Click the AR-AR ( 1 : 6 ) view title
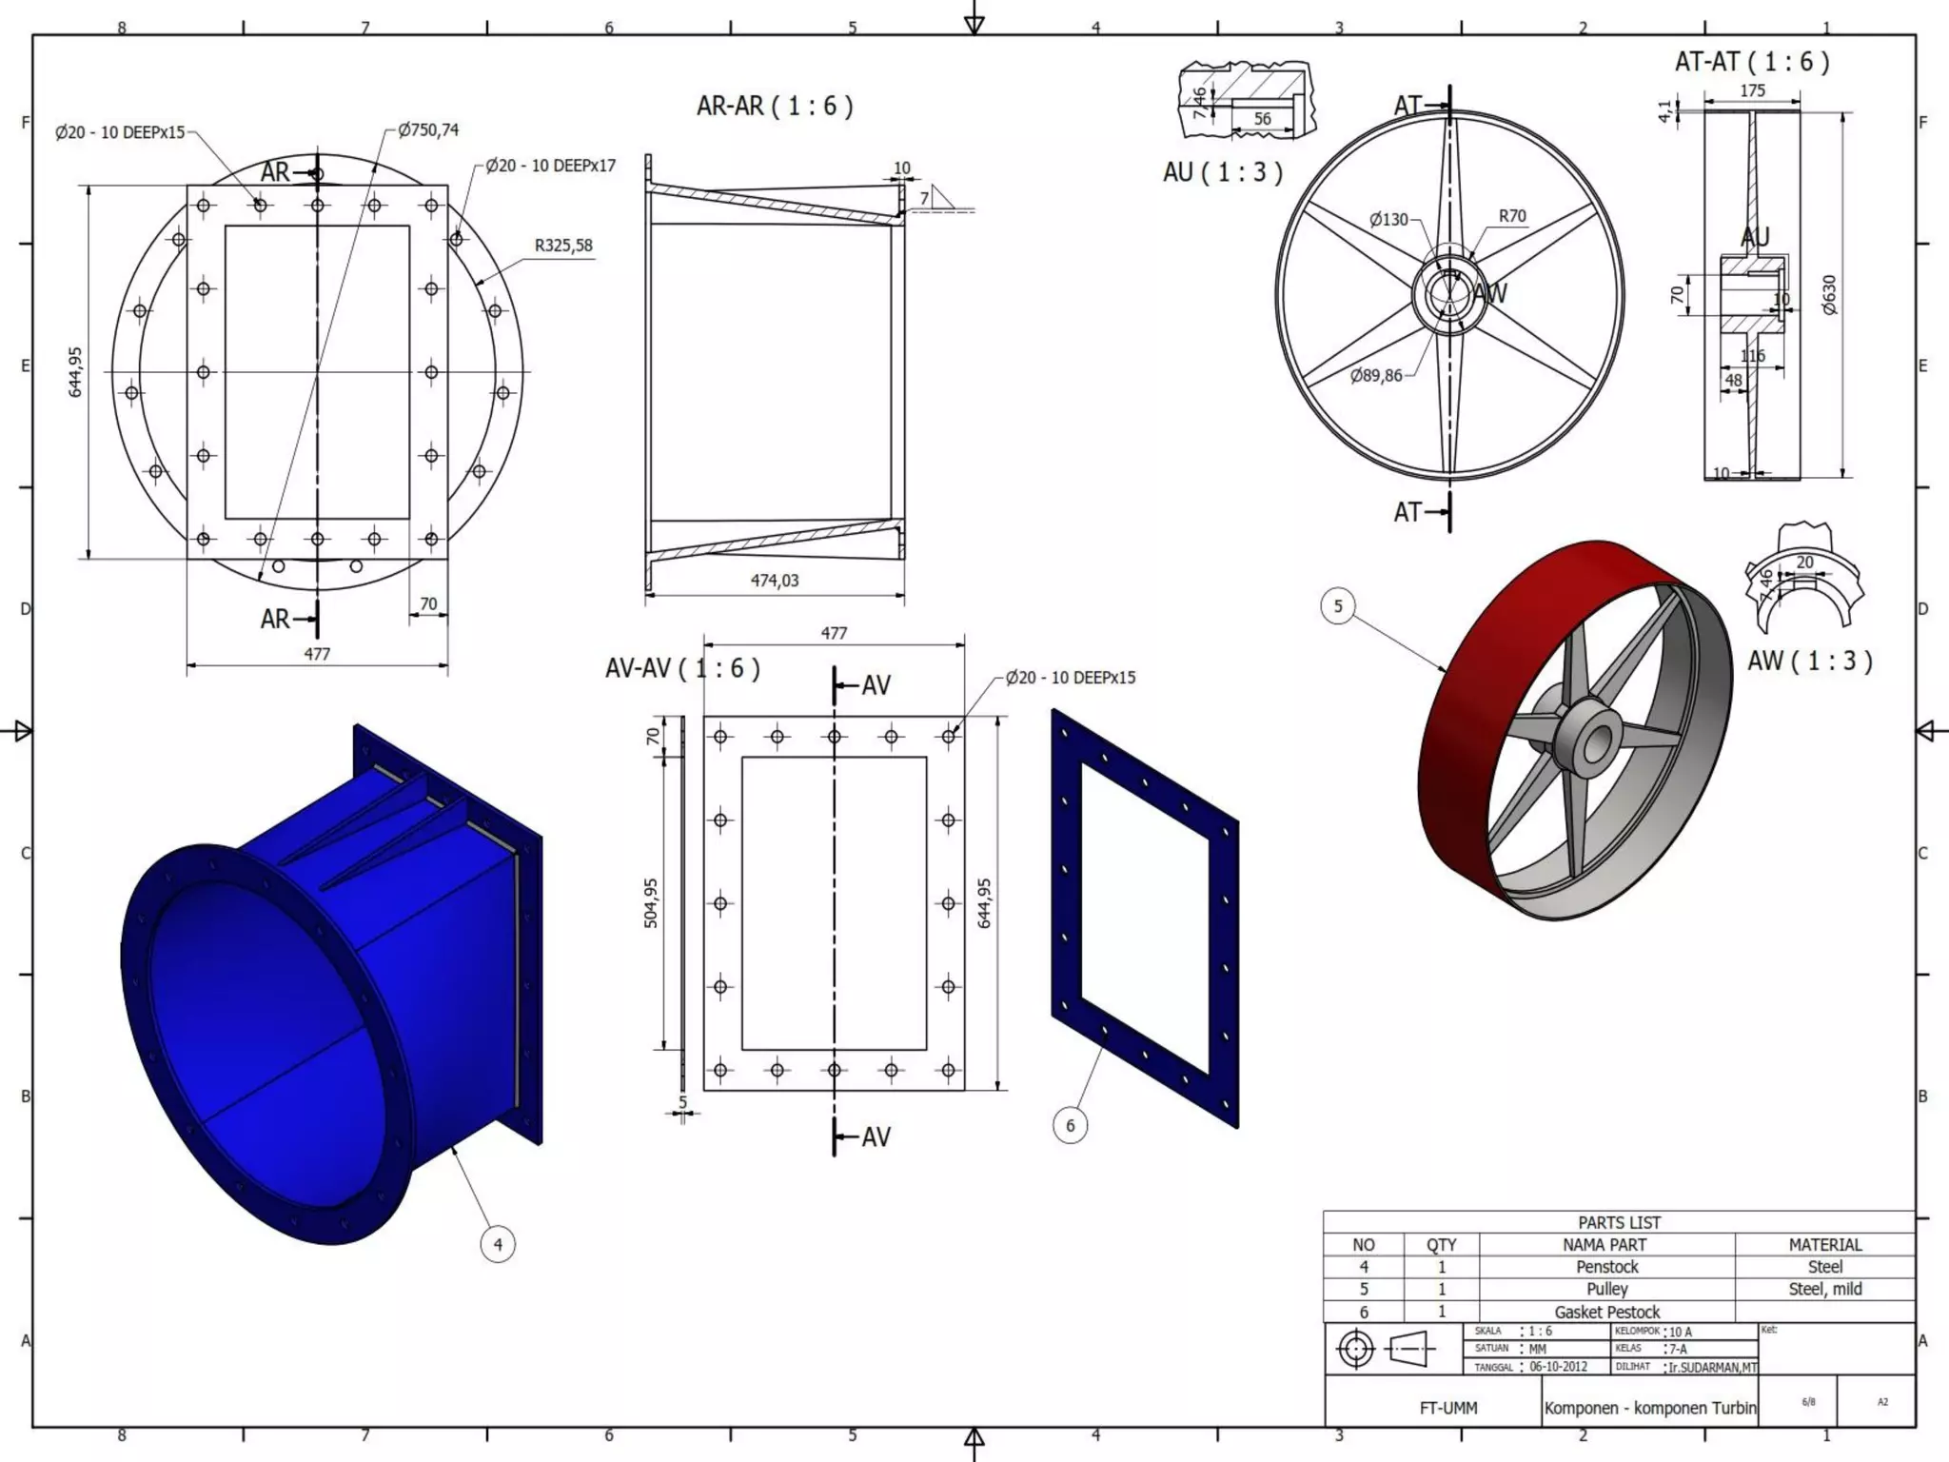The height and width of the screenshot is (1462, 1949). pos(775,106)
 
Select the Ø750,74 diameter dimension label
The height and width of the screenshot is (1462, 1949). pos(428,129)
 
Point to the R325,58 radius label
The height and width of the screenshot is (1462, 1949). pos(563,246)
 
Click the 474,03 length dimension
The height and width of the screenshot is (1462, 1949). pos(775,580)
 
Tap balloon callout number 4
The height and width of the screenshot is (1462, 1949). pos(498,1244)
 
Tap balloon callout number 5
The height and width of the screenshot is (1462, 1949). pos(1338,606)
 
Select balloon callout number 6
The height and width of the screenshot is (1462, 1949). pos(1070,1125)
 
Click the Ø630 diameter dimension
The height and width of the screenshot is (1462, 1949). pos(1829,295)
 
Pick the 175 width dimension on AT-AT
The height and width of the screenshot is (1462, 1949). pos(1752,90)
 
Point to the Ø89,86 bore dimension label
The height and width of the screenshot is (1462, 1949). pos(1376,376)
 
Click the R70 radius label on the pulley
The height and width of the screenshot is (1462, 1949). pos(1512,216)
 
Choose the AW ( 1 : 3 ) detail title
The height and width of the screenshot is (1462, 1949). pos(1809,661)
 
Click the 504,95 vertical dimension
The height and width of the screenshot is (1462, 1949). pos(651,902)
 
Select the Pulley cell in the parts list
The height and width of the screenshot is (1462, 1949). pos(1606,1289)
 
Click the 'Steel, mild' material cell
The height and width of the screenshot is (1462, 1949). pos(1824,1289)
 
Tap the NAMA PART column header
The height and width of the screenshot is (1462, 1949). pos(1606,1244)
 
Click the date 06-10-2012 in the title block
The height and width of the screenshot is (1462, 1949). pos(1558,1367)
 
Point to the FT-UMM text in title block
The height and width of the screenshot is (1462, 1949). pos(1447,1408)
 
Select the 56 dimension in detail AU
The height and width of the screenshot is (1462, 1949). pos(1262,119)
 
